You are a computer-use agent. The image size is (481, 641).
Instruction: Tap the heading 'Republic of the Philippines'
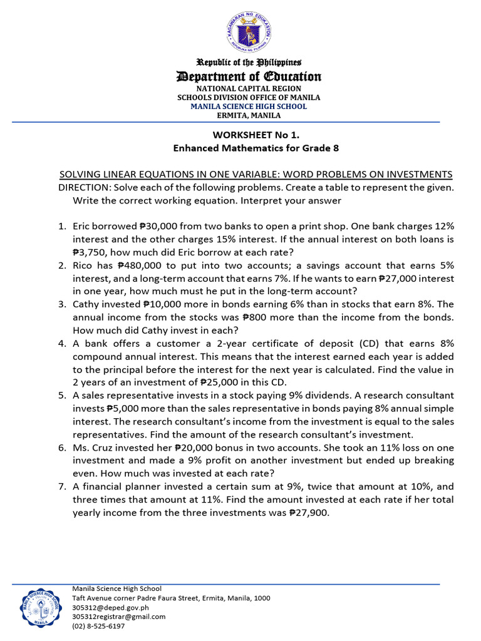[x=249, y=63]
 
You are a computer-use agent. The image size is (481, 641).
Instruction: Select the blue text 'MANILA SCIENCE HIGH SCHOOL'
[x=249, y=106]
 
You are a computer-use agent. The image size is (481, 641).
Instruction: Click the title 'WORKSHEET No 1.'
[x=249, y=135]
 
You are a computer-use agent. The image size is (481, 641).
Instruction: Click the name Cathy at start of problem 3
[x=86, y=304]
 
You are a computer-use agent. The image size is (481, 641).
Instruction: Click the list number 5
[x=62, y=396]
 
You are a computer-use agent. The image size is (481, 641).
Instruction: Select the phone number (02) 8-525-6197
[x=98, y=626]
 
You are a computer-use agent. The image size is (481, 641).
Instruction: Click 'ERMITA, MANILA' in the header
[x=249, y=115]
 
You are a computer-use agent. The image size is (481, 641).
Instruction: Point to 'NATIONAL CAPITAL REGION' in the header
[x=249, y=89]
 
